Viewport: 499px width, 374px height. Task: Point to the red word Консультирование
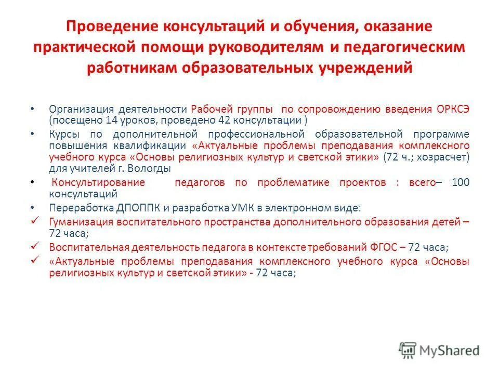click(99, 183)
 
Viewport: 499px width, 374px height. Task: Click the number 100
click(461, 183)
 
